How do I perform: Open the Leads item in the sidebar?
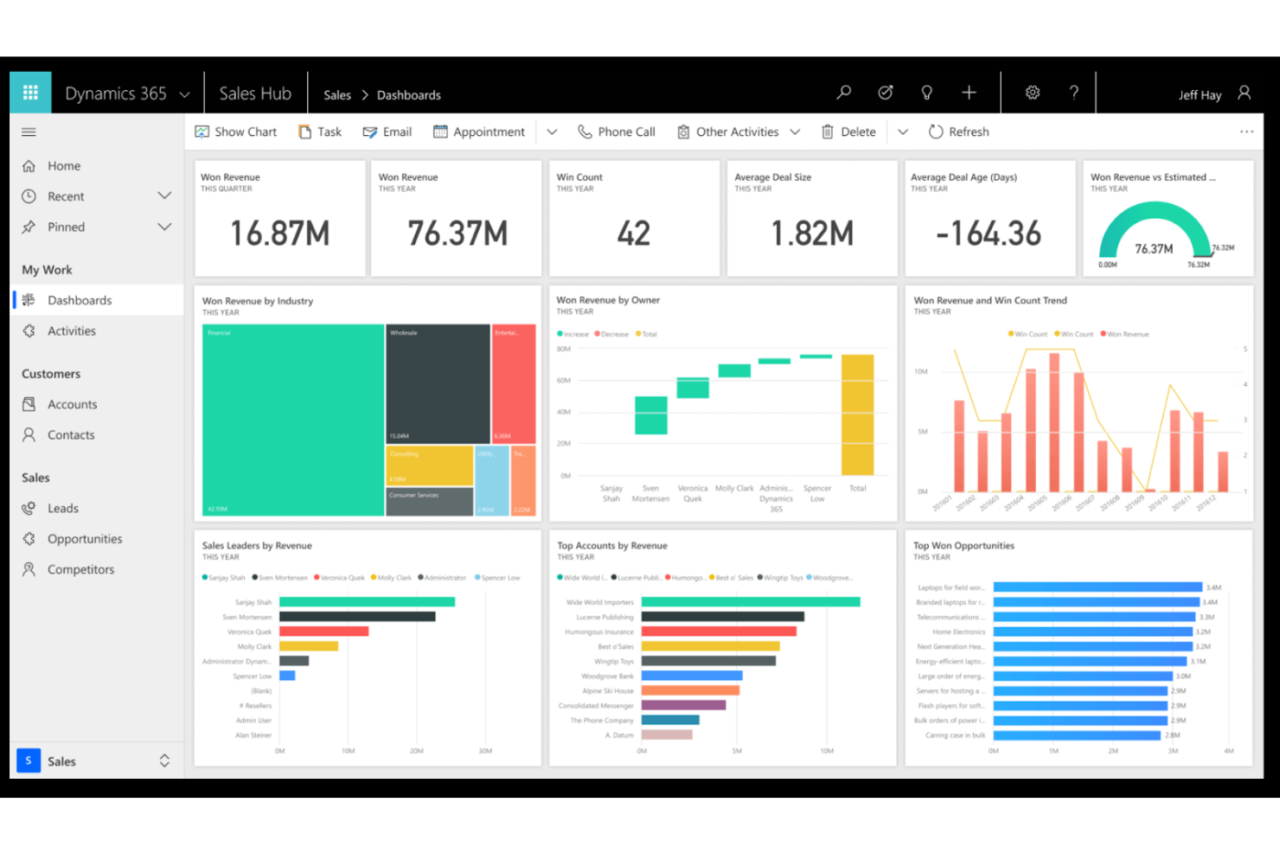[x=62, y=508]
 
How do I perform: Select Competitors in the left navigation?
[x=80, y=569]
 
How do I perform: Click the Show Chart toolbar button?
[x=236, y=132]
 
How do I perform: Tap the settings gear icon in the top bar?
[x=1032, y=93]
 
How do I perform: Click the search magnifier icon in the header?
[x=844, y=93]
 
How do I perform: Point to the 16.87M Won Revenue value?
[x=279, y=234]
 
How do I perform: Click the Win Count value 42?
[x=633, y=234]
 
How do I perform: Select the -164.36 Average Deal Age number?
[x=989, y=234]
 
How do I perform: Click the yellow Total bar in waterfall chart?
[x=857, y=414]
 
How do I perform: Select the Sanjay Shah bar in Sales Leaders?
[x=367, y=602]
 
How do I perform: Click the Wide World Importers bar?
[x=750, y=602]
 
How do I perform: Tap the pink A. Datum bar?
[x=666, y=735]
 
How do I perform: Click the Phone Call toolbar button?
[x=617, y=132]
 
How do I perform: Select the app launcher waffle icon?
[x=30, y=93]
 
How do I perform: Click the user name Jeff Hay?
[x=1200, y=95]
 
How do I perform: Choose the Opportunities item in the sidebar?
[x=85, y=539]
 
